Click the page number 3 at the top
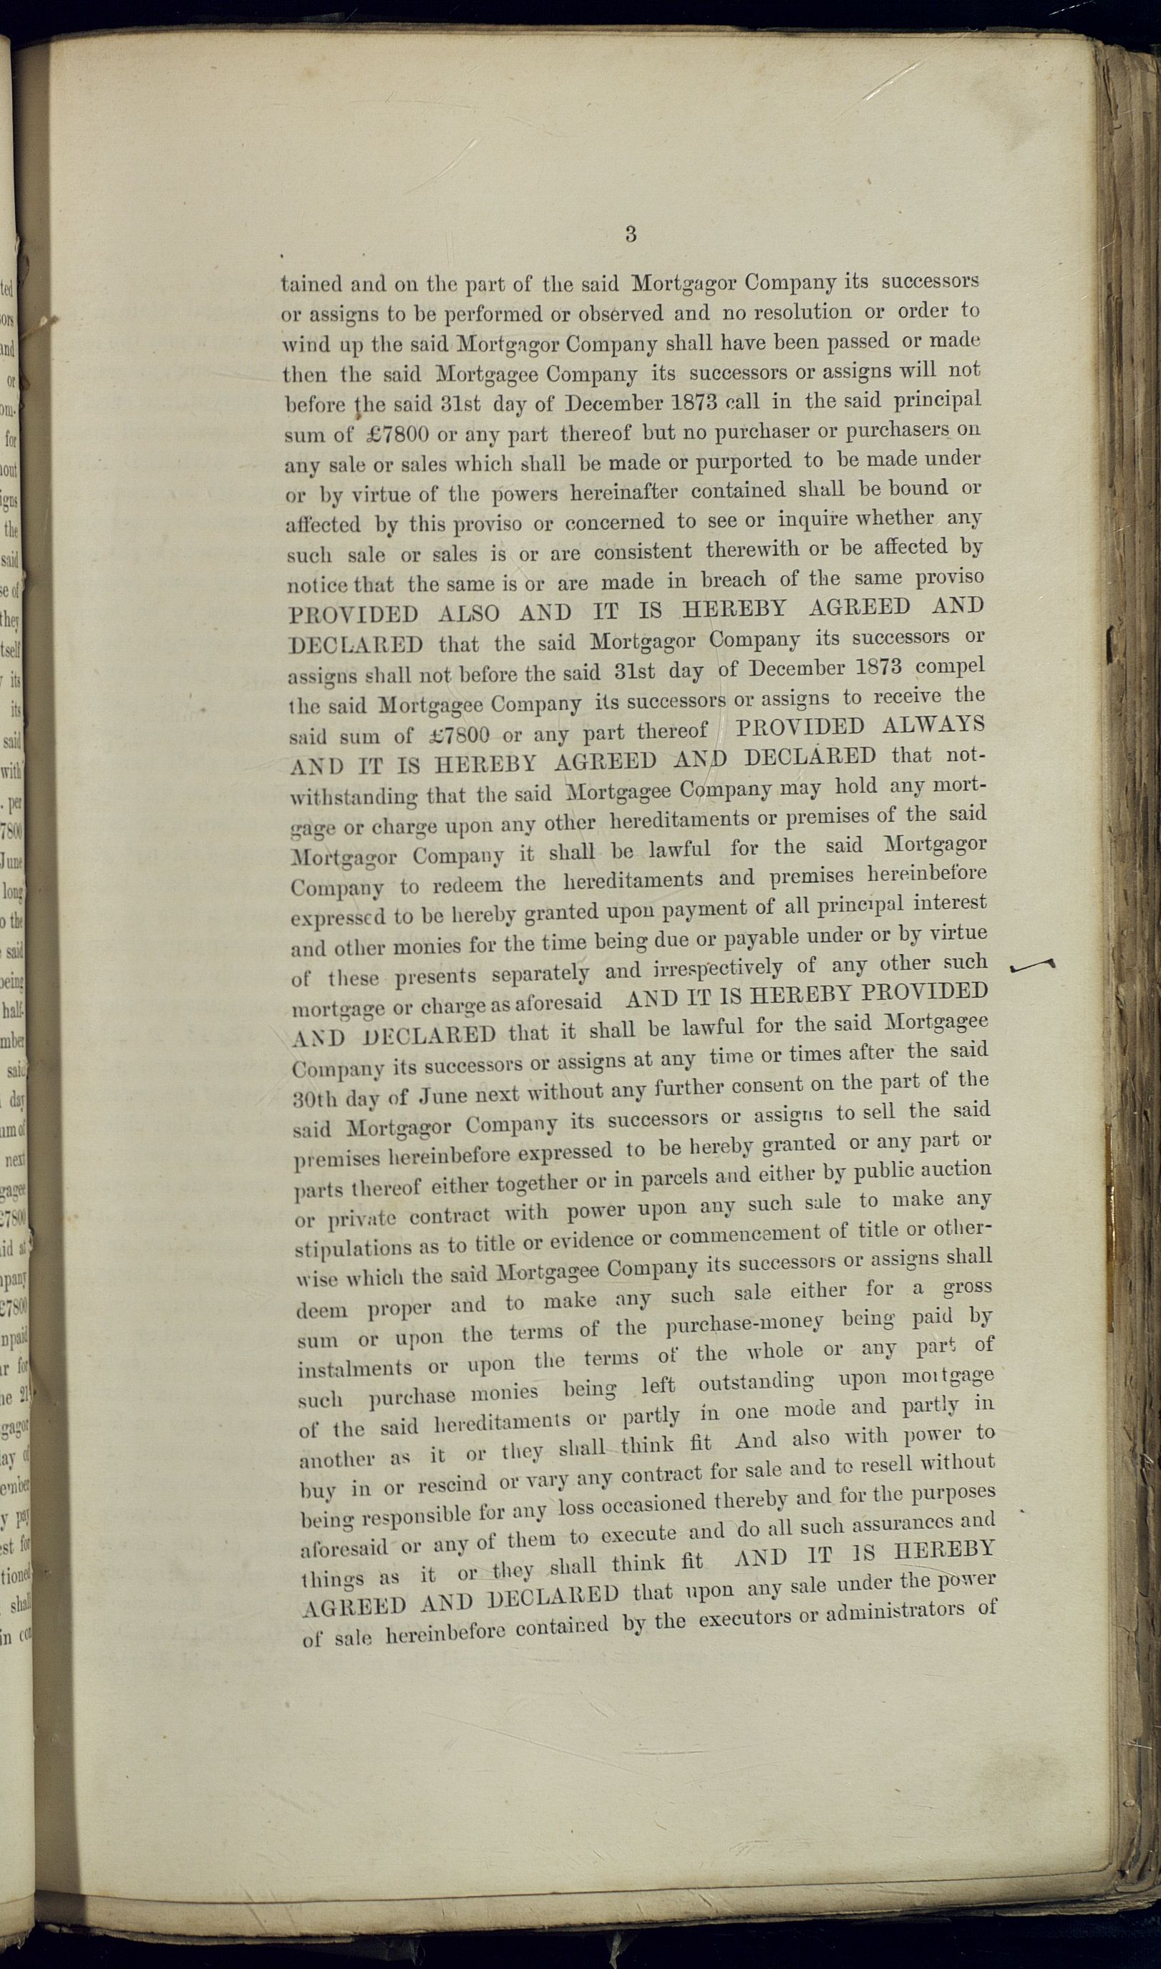(631, 234)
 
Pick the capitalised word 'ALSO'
(469, 613)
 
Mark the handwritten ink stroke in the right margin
(1033, 967)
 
